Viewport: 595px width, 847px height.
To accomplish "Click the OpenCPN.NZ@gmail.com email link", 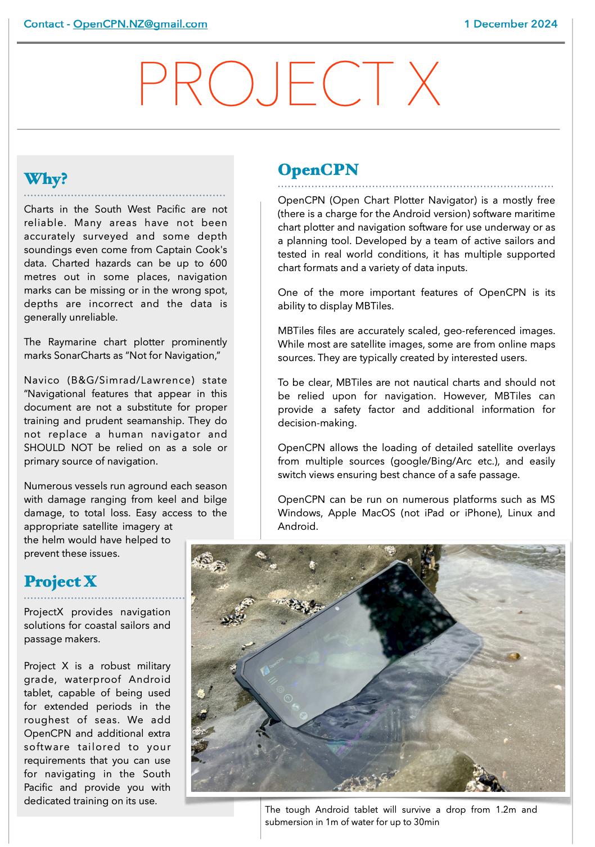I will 140,24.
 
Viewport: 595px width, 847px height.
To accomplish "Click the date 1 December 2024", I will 511,24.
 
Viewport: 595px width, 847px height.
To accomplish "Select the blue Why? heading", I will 46,179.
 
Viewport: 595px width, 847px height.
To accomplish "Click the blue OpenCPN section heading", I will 318,170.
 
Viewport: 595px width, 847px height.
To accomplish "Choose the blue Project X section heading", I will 60,581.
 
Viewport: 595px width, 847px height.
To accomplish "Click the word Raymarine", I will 77,342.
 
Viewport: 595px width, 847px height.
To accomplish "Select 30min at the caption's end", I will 427,822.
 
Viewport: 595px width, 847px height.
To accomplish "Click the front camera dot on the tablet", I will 336,610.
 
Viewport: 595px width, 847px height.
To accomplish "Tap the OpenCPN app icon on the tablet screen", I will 264,671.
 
